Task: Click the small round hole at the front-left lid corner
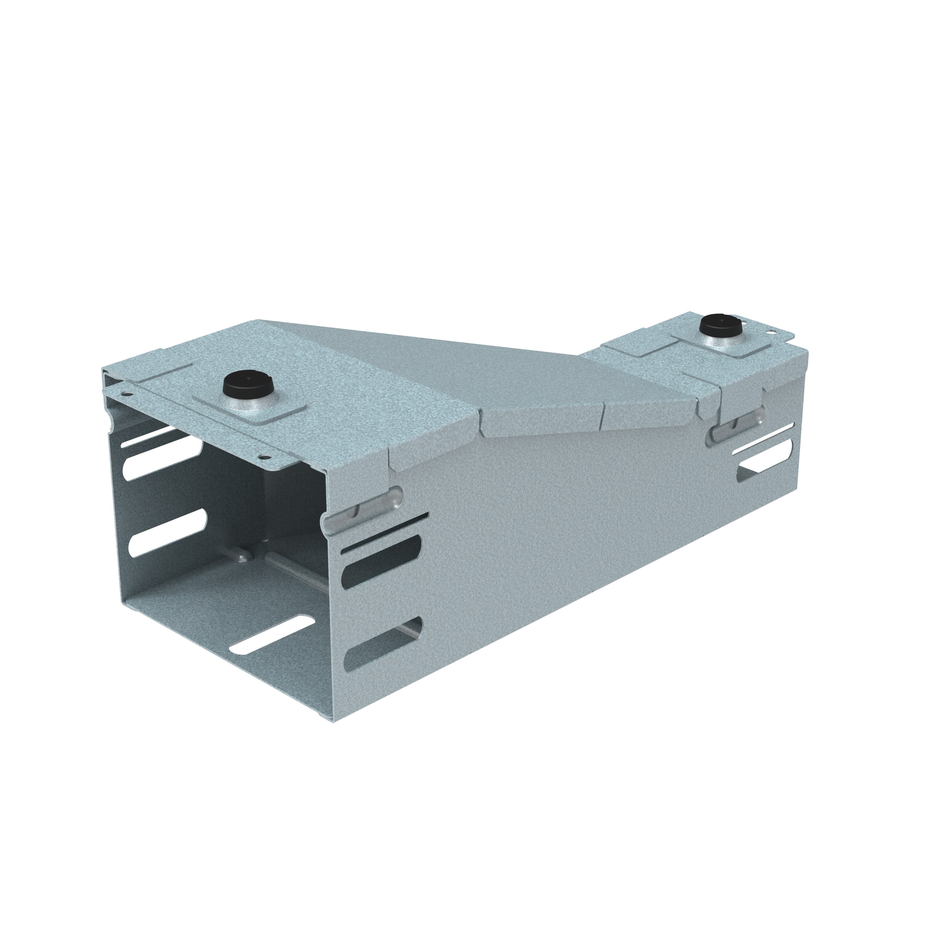pyautogui.click(x=126, y=394)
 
